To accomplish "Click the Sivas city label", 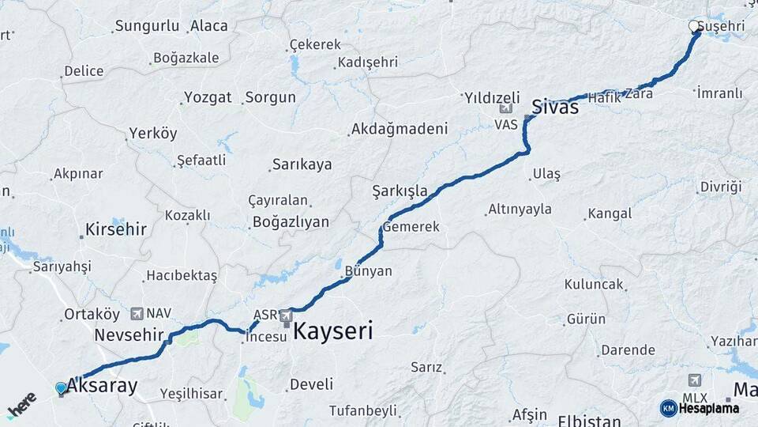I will coord(555,107).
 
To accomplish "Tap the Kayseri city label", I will coord(332,331).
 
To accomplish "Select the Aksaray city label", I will coord(102,386).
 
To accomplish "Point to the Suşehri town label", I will coord(723,27).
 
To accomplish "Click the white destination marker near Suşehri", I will coord(694,27).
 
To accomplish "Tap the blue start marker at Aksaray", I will coord(61,387).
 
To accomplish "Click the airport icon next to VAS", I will coord(505,109).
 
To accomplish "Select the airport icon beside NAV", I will coord(138,313).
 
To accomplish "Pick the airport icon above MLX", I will coord(694,380).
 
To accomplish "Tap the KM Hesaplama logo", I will coord(700,408).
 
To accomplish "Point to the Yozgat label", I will coord(208,97).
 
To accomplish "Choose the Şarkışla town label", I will coord(400,191).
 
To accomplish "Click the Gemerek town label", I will coord(412,227).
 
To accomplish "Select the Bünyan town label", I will coord(368,270).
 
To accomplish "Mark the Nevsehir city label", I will coord(128,334).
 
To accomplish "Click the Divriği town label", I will coord(721,187).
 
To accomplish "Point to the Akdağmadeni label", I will coord(400,128).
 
